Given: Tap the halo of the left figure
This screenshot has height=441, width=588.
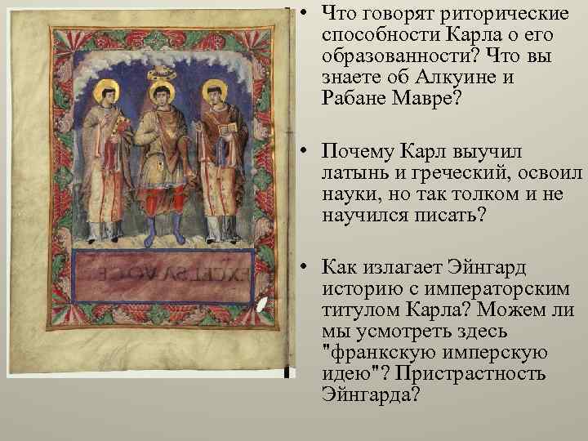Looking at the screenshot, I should pos(105,92).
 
